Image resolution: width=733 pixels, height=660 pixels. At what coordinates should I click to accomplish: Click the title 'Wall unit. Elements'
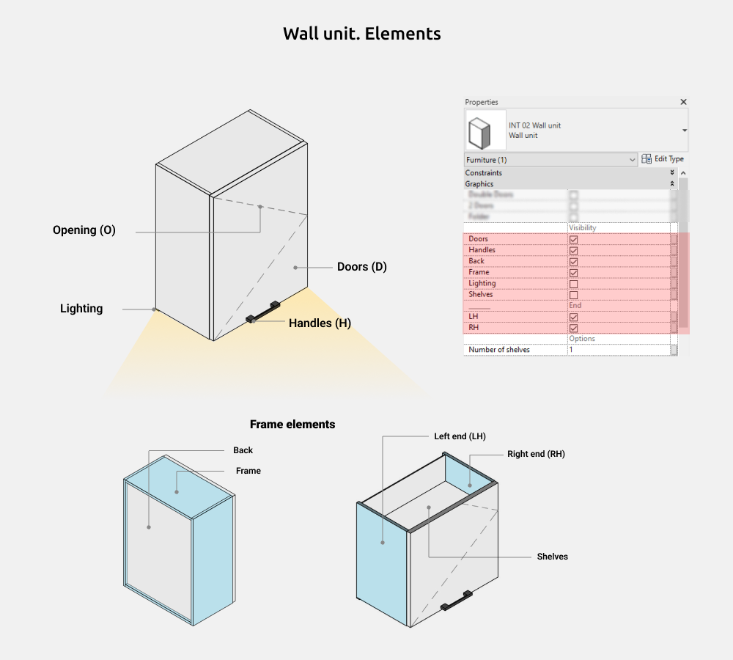(362, 34)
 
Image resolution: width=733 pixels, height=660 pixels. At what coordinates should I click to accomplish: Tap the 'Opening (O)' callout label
(84, 230)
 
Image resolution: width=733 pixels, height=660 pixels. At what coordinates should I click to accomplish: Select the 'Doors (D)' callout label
(362, 267)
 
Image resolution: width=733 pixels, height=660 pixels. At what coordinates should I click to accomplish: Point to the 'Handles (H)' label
(320, 323)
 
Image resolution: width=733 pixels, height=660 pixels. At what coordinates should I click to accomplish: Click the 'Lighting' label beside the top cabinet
(81, 309)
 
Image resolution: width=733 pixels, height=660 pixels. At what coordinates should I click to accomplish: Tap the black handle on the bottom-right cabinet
(457, 601)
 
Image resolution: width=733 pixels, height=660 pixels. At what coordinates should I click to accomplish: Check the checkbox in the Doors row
(573, 239)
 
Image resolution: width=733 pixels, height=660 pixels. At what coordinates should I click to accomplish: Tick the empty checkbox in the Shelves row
(573, 295)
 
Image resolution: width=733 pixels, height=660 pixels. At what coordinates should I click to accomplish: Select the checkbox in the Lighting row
(573, 284)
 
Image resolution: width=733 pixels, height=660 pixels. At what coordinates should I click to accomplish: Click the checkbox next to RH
(573, 329)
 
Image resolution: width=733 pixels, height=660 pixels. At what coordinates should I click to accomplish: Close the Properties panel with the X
(683, 102)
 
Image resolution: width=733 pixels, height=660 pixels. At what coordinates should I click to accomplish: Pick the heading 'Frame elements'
(292, 425)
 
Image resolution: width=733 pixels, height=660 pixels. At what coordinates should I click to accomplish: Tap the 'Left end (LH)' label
(460, 436)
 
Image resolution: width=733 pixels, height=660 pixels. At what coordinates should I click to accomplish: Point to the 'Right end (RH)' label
(536, 454)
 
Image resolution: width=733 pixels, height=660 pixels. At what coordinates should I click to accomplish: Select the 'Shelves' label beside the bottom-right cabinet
(552, 557)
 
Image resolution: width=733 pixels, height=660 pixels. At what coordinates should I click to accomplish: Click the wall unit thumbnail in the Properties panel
(485, 131)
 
